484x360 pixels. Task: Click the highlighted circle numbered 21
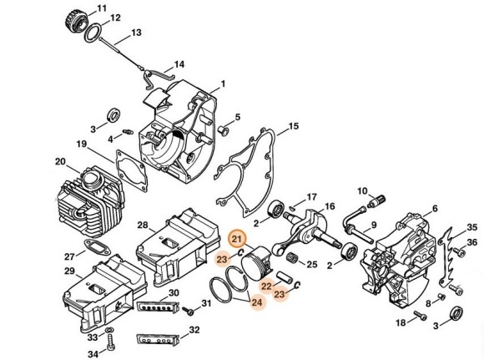click(237, 239)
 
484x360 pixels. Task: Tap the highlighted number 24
click(257, 302)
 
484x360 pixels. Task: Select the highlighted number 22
click(266, 286)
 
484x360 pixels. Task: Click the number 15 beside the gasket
click(294, 126)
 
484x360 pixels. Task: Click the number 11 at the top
click(102, 8)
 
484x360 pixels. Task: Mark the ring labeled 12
click(93, 33)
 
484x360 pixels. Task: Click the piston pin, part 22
click(284, 276)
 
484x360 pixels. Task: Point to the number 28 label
click(143, 226)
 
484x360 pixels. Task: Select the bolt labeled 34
click(111, 342)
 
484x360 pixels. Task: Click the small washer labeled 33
click(108, 331)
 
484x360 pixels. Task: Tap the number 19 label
click(82, 145)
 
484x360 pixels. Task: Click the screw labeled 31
click(188, 311)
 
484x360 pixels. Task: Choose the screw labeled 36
click(459, 251)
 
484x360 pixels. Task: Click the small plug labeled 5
click(224, 130)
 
